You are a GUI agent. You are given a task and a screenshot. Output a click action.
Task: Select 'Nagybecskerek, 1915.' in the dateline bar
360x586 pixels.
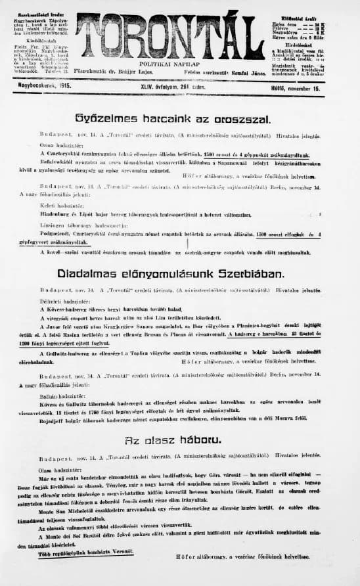(45, 85)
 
